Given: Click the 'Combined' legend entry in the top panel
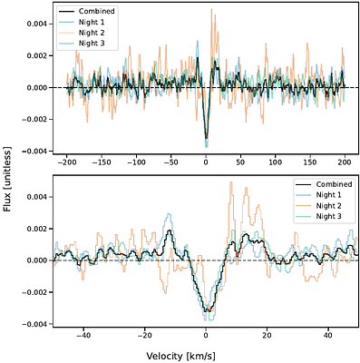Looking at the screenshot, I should point(96,12).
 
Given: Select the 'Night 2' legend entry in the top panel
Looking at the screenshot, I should point(92,32).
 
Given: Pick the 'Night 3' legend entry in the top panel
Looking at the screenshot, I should point(92,42).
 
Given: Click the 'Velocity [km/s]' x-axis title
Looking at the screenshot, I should point(205,355).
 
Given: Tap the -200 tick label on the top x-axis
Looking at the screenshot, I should point(66,165).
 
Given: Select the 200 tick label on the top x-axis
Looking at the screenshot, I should point(345,165).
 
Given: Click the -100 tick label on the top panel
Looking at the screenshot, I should point(136,165).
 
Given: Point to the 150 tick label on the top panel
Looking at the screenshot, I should point(310,165).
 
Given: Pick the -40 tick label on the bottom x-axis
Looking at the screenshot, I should point(83,335).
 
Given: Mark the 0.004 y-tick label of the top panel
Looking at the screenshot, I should point(33,23).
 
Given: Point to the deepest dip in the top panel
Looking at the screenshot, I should point(206,145).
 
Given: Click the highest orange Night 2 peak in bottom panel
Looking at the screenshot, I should point(230,182).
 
